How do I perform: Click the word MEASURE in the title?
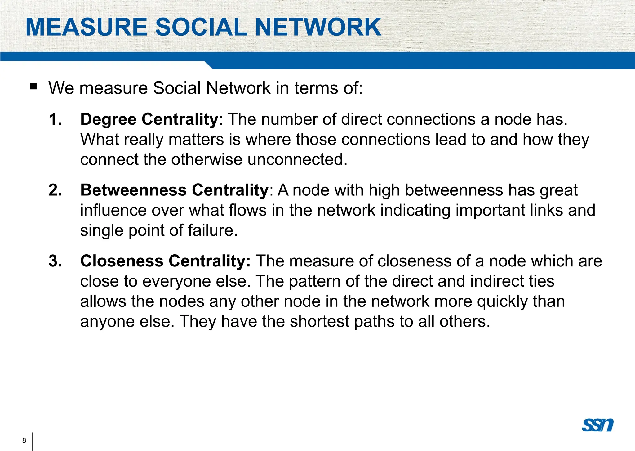coord(87,27)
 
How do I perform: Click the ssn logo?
coord(597,425)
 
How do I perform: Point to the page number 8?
coord(24,440)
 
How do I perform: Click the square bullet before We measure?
coord(33,86)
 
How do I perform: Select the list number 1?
coord(55,119)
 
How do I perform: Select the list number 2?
coord(55,190)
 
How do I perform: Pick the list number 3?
coord(55,261)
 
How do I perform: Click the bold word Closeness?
coord(122,261)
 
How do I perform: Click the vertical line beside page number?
coord(33,441)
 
